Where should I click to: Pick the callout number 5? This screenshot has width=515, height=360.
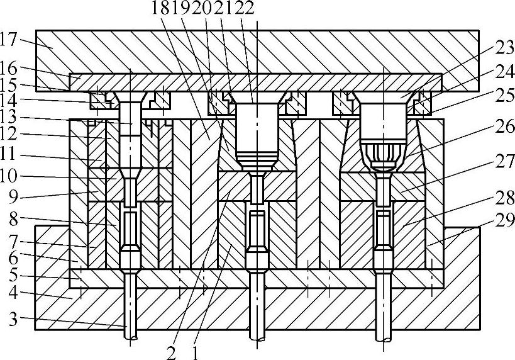11,274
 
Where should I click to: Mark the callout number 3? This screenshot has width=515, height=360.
11,320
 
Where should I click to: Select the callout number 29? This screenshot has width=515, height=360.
503,220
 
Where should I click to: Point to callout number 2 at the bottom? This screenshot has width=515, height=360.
172,352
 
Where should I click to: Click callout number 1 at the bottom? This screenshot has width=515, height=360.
196,352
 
